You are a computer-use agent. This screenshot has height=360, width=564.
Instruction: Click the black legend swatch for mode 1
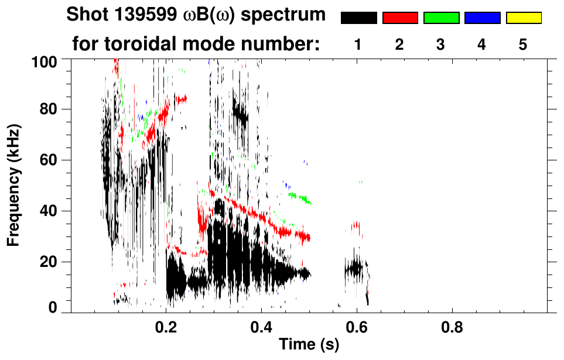coord(359,18)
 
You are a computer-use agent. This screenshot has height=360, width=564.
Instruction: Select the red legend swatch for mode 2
coord(400,18)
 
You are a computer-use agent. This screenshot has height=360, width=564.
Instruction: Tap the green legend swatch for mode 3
coord(441,18)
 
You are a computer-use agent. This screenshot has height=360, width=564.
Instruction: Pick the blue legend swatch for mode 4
coord(482,18)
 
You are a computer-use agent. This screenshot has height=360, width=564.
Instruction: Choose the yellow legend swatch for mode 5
coord(524,18)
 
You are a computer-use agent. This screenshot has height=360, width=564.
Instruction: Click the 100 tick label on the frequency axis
coord(43,60)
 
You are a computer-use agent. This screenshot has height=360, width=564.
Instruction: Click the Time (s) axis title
coord(308,345)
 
